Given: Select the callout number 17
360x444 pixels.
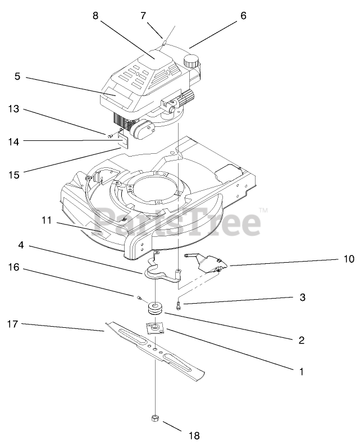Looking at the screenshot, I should (x=13, y=324).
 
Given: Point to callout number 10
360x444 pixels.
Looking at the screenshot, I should (x=349, y=259).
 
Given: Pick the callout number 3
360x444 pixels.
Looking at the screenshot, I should (x=302, y=297).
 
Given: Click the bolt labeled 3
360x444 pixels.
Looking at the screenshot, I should (x=179, y=305).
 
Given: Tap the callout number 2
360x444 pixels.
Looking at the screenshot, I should (x=302, y=340).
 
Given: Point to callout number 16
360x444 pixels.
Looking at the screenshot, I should (x=13, y=268).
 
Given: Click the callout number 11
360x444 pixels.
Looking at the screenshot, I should (x=46, y=221).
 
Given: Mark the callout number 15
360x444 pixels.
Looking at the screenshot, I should (x=13, y=175).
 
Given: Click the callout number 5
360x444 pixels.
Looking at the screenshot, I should (x=17, y=76).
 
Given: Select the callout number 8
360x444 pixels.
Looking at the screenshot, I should (x=95, y=16).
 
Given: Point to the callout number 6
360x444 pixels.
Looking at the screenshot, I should (x=243, y=16).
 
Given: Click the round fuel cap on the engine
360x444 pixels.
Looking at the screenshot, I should (x=193, y=60).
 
